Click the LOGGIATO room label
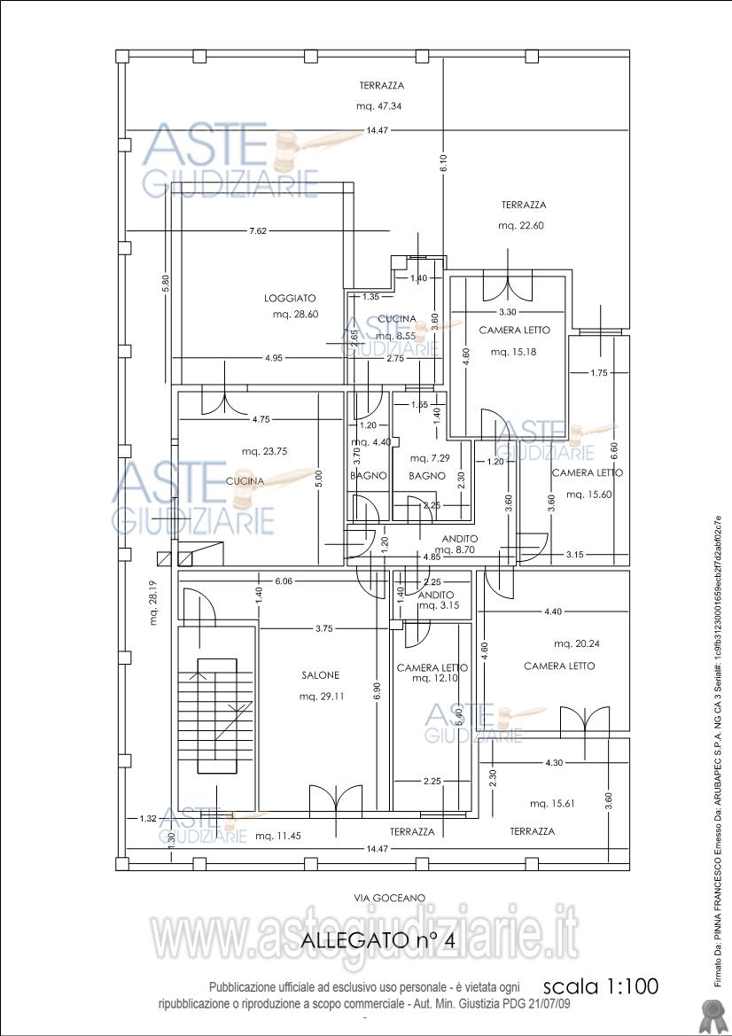[x=290, y=299]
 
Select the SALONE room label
[x=320, y=675]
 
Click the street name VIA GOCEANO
[x=389, y=898]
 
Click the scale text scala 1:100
[x=600, y=986]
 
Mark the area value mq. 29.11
[x=322, y=697]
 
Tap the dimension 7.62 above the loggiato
[x=258, y=231]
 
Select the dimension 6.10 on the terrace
[x=443, y=162]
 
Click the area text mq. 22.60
[x=520, y=226]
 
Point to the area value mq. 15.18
[x=513, y=352]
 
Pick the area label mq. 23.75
[x=264, y=451]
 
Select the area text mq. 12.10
[x=434, y=679]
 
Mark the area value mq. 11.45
[x=278, y=836]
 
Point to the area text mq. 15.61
[x=552, y=804]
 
